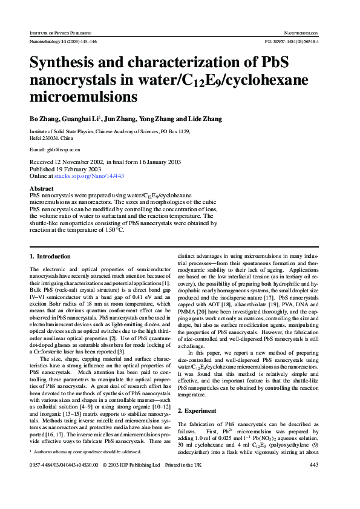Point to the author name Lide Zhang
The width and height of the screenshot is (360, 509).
tap(204, 119)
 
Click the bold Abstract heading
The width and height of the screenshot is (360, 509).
tap(42, 189)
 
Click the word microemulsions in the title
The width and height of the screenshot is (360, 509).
tap(83, 97)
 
